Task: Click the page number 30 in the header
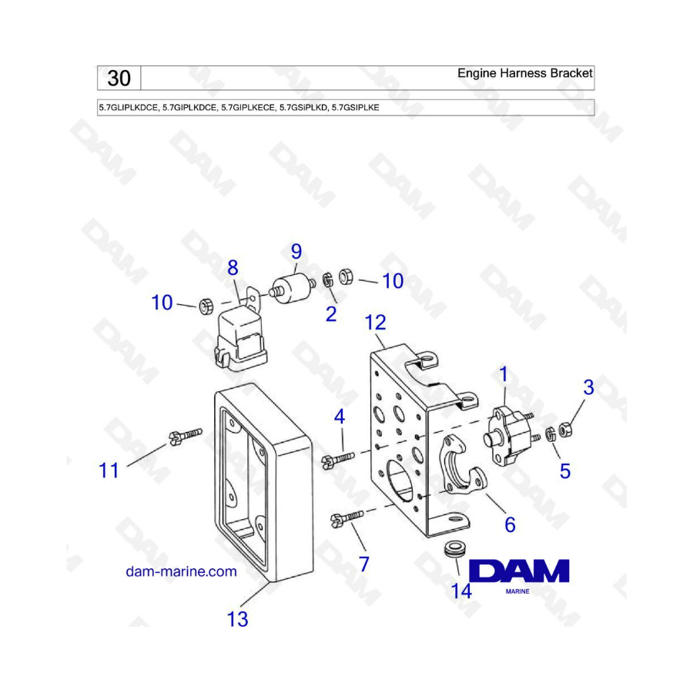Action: [119, 79]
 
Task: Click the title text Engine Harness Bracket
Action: [524, 73]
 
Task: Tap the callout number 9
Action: [296, 252]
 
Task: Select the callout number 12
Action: [375, 323]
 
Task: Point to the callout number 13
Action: [237, 619]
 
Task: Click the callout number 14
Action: [461, 591]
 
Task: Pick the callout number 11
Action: [109, 470]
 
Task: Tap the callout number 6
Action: [510, 524]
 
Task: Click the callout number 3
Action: [588, 387]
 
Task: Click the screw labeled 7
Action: [347, 518]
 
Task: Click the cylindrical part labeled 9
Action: [290, 289]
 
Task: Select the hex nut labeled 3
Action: [565, 430]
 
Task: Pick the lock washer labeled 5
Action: [551, 434]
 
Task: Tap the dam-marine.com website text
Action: [181, 571]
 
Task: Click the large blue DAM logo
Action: [519, 571]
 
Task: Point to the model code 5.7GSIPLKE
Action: [355, 107]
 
